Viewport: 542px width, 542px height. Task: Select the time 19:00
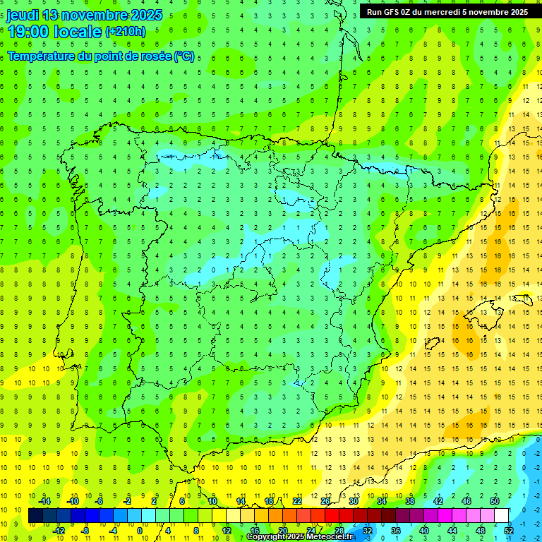[x=32, y=32]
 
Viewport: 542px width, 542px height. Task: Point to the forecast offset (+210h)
[x=126, y=32]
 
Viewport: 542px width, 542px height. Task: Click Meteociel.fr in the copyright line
[x=327, y=537]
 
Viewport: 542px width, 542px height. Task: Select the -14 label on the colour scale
[x=44, y=501]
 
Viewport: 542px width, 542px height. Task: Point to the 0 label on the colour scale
[x=140, y=531]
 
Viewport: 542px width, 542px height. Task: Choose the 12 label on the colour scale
[x=227, y=531]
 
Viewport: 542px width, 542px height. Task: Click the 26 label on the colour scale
[x=325, y=501]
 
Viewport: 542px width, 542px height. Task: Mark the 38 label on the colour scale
[x=410, y=501]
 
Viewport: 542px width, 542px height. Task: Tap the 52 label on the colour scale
[x=509, y=531]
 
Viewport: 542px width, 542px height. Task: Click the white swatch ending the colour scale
[x=502, y=516]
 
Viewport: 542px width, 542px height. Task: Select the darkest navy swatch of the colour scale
[x=35, y=516]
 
